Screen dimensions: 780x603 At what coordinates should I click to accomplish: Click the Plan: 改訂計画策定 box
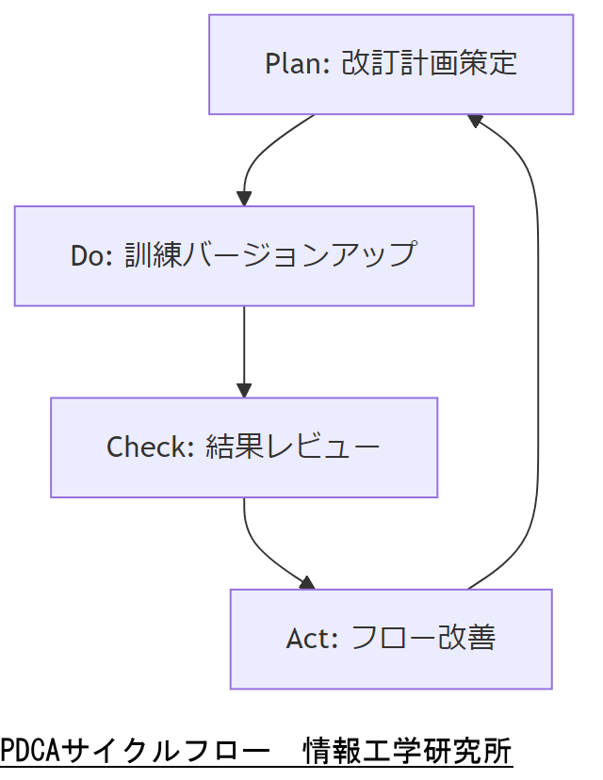[x=391, y=64]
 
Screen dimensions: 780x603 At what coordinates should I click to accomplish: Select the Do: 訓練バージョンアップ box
[x=244, y=255]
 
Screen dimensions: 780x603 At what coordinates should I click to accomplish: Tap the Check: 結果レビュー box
[x=244, y=447]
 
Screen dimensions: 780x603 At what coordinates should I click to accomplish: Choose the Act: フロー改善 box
[x=391, y=639]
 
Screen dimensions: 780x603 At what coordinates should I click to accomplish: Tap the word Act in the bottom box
[x=311, y=639]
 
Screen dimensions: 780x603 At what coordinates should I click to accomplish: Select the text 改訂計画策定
[x=429, y=64]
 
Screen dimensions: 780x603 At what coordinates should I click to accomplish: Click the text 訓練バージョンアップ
[x=270, y=255]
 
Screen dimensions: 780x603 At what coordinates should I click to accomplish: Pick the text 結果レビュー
[x=293, y=447]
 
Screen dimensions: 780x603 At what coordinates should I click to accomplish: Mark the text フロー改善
[x=422, y=639]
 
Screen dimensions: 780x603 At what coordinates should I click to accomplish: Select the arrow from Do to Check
[x=244, y=349]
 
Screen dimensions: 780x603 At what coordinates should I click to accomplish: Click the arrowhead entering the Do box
[x=244, y=199]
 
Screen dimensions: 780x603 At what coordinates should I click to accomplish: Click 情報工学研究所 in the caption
[x=407, y=751]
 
